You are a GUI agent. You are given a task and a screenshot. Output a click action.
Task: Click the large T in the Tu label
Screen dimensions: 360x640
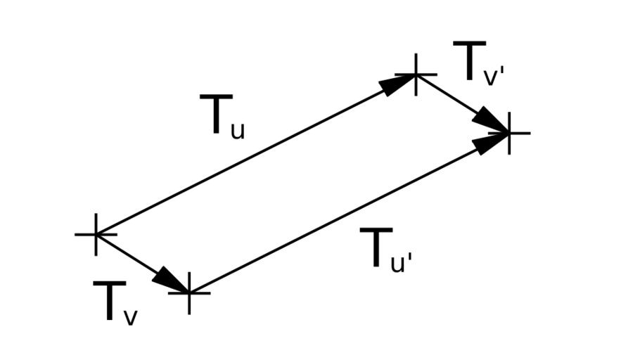[x=215, y=115]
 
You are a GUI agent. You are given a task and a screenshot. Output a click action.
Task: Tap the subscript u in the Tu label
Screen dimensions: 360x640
[x=238, y=129]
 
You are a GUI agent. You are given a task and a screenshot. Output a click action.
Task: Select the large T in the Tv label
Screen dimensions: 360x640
[x=109, y=302]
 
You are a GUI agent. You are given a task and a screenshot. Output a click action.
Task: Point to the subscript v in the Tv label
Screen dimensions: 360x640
[x=131, y=317]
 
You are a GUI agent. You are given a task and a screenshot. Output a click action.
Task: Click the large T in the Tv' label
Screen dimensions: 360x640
[x=469, y=62]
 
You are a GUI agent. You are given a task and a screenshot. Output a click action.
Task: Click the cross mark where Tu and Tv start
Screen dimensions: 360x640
[x=96, y=233]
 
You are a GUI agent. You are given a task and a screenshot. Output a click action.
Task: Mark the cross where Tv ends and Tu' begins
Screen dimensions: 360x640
[x=189, y=292]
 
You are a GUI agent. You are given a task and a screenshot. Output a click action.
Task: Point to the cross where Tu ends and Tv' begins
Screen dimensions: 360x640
[x=416, y=74]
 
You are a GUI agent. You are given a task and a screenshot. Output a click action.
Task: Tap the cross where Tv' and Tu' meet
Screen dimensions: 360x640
[x=508, y=132]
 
